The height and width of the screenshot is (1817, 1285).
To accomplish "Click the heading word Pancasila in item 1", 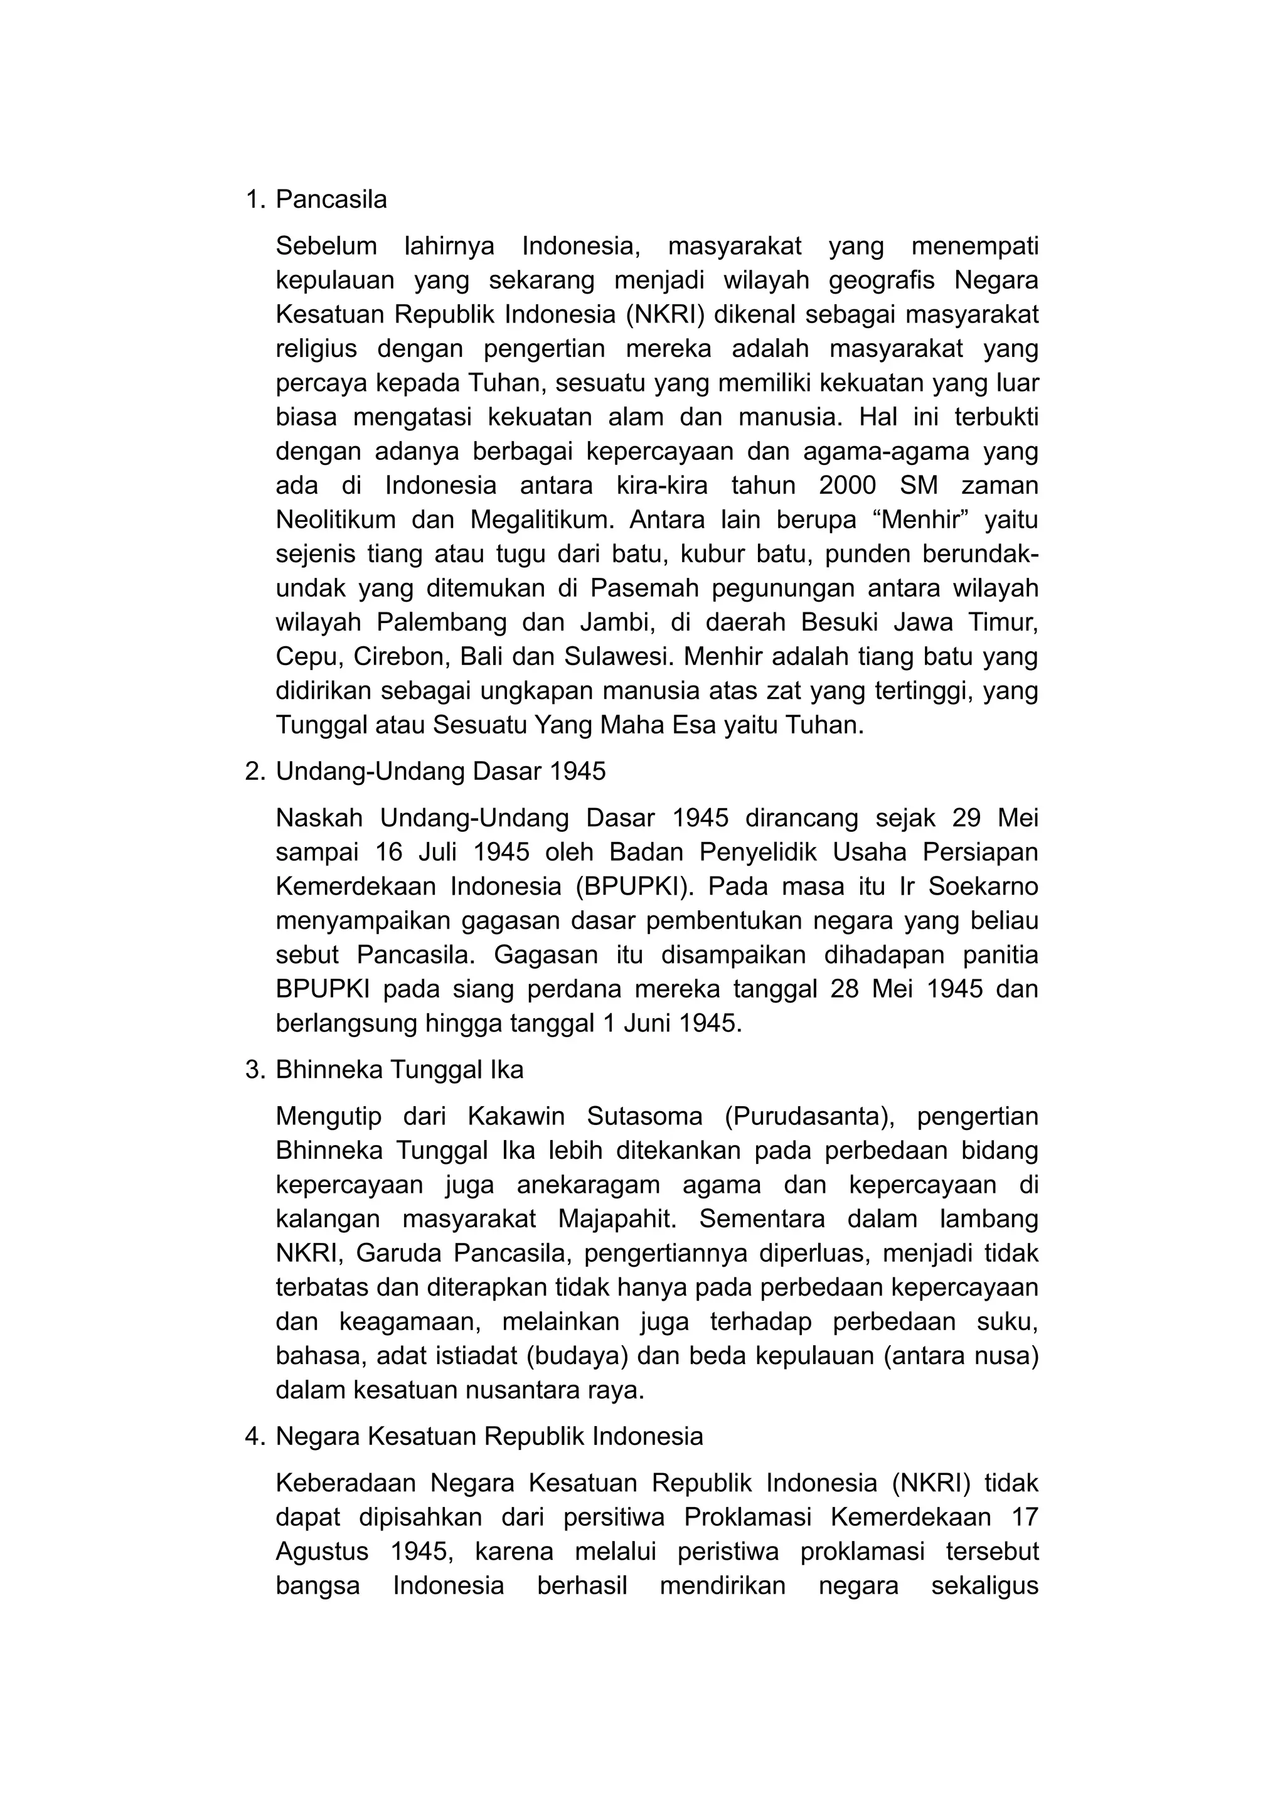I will [x=331, y=200].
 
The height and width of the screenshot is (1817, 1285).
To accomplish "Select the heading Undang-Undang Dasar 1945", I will [x=440, y=771].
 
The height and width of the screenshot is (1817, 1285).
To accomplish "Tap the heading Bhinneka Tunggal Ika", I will [x=399, y=1070].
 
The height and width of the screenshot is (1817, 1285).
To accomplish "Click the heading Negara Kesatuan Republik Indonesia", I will [x=489, y=1436].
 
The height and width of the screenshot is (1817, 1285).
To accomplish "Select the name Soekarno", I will [x=983, y=887].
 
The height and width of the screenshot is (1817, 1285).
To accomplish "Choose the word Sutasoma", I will [x=644, y=1117].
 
